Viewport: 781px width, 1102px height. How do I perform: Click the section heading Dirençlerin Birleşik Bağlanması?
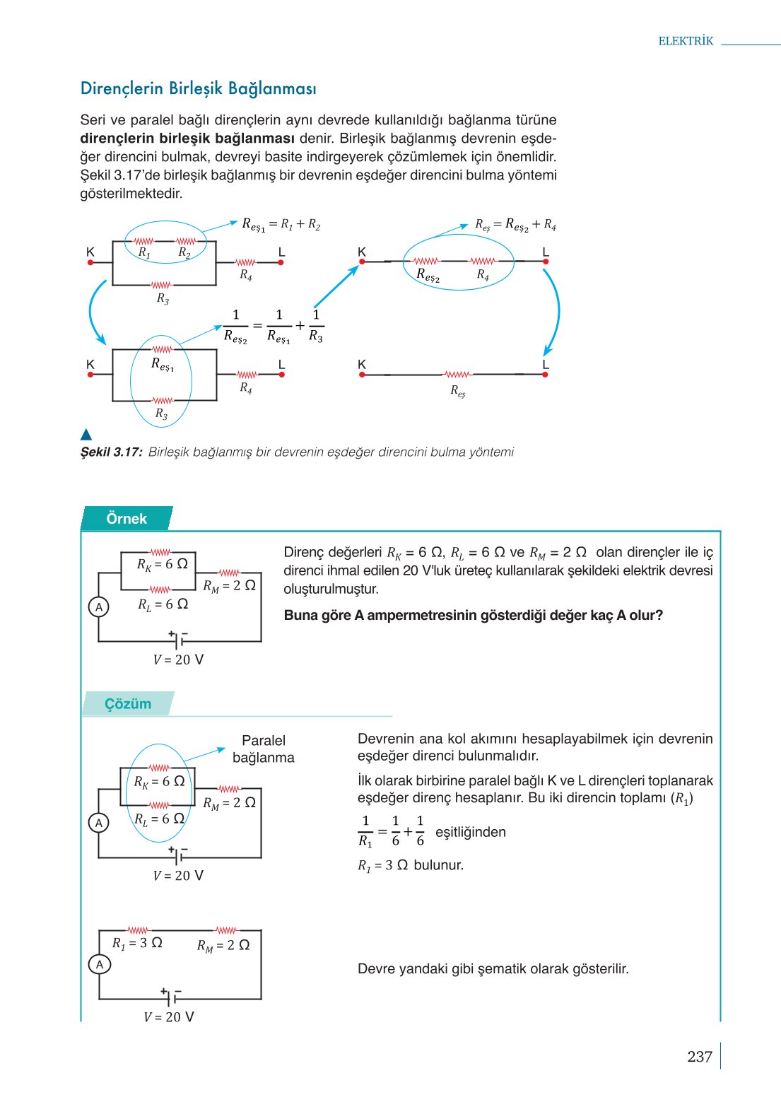pos(199,89)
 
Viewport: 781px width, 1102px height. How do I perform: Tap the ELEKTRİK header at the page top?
pos(686,41)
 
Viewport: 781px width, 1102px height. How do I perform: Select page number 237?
pos(699,1057)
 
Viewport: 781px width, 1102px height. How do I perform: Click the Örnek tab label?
pos(127,519)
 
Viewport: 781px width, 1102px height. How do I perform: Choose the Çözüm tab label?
pos(128,704)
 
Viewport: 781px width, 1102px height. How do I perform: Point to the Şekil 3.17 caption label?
pos(112,452)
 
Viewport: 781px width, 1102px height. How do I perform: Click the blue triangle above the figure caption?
pos(86,435)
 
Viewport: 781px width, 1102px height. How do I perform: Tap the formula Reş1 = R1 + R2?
pos(281,225)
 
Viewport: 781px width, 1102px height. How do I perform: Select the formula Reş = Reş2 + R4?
pos(515,225)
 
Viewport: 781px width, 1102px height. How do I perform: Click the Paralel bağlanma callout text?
pos(264,749)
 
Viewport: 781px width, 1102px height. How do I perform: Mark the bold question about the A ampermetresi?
pos(474,615)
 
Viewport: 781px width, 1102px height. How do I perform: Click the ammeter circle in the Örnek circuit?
pos(99,606)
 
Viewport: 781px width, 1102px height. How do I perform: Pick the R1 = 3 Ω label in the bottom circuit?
pos(137,943)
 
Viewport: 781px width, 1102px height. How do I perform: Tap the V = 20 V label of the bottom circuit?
pos(169,1017)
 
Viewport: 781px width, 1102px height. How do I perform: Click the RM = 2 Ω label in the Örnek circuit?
pos(229,586)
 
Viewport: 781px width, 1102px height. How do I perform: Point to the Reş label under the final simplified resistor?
pos(458,391)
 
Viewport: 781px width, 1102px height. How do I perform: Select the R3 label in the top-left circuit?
pos(163,299)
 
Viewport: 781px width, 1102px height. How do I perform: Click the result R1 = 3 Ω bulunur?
pos(411,865)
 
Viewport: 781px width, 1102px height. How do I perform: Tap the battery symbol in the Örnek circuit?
pos(179,640)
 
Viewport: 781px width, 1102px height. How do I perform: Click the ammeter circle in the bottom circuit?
pos(100,964)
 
